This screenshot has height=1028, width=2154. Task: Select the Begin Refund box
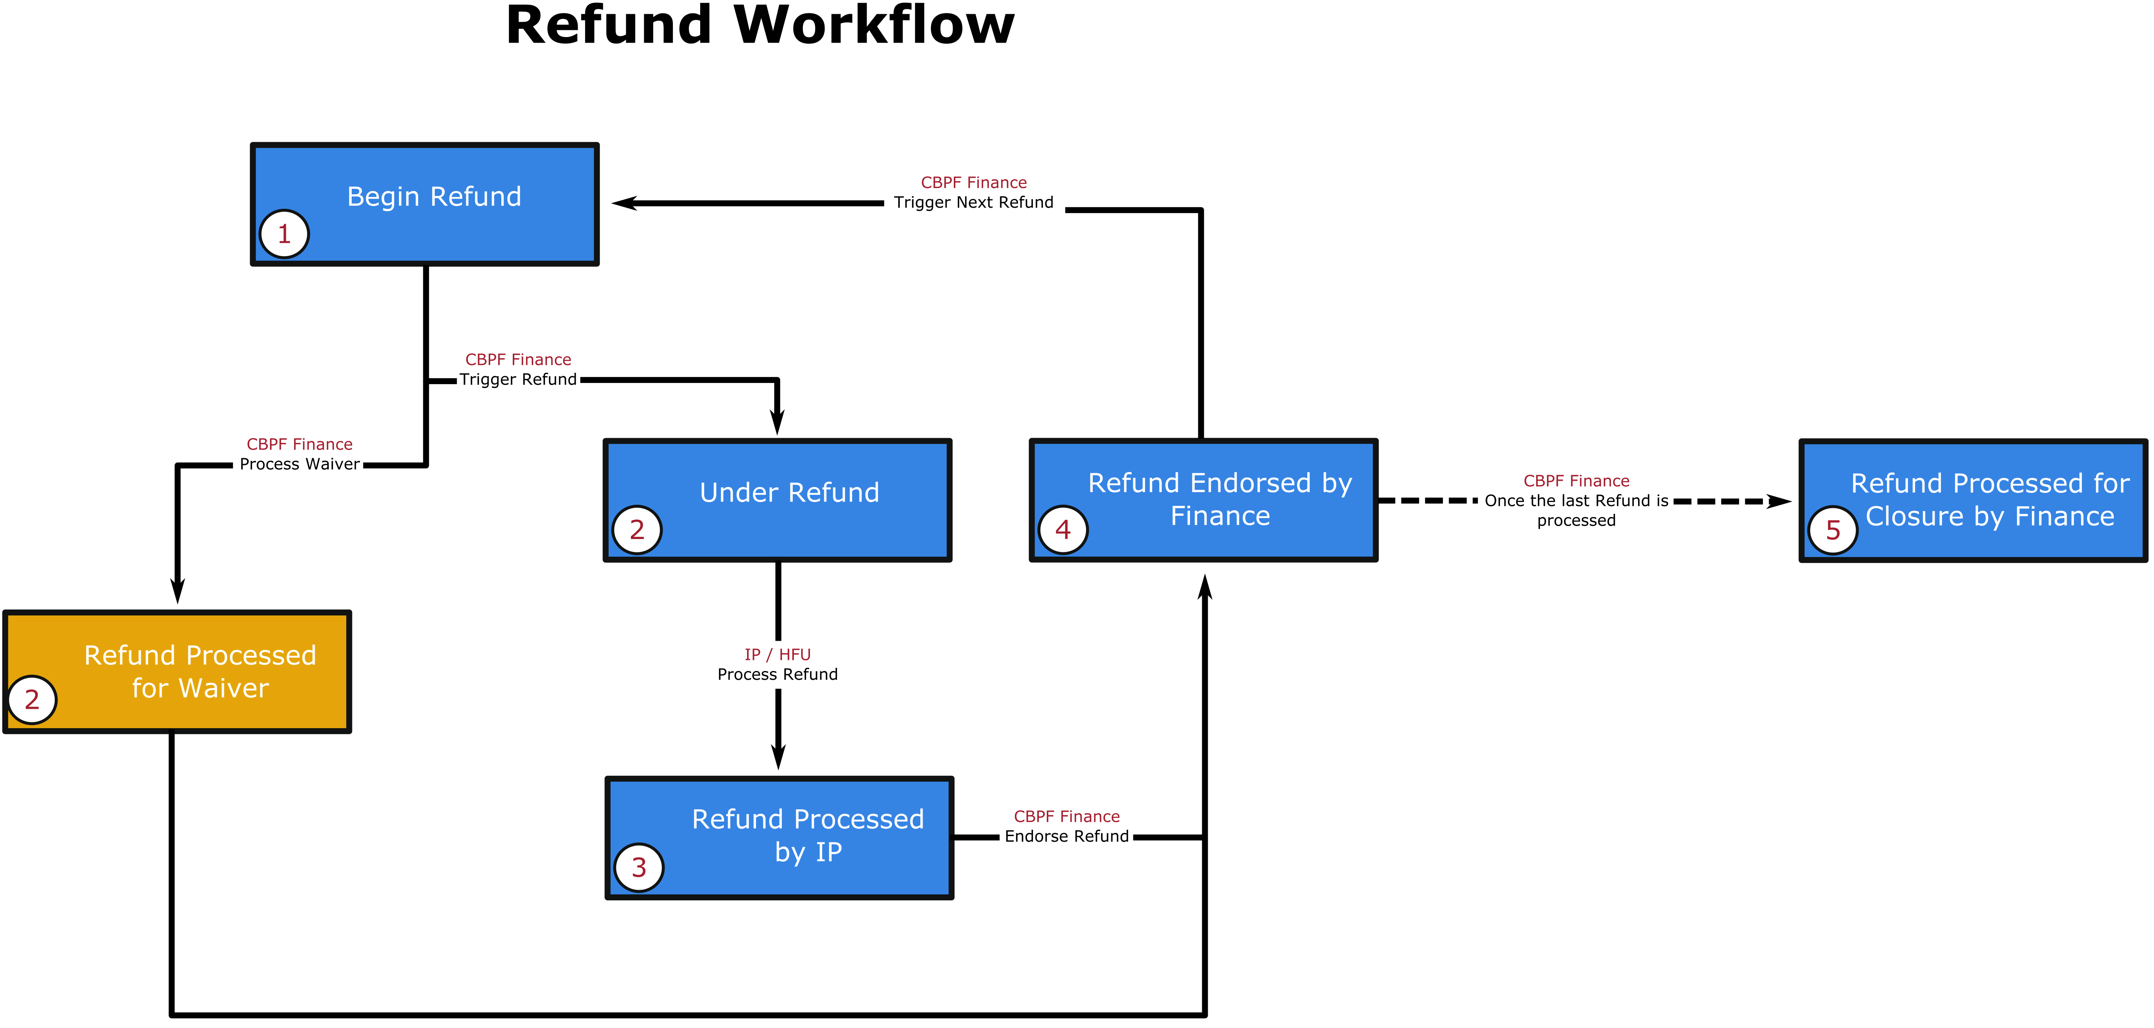pyautogui.click(x=425, y=204)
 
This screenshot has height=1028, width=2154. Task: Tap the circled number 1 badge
pyautogui.click(x=284, y=234)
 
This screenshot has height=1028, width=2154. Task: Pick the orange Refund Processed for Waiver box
pyautogui.click(x=177, y=672)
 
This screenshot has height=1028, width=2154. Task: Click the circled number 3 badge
pyautogui.click(x=639, y=867)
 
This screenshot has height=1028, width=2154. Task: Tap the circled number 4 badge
pyautogui.click(x=1063, y=530)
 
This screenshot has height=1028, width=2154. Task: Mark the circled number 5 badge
pyautogui.click(x=1833, y=530)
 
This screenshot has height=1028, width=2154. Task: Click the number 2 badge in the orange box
pyautogui.click(x=32, y=699)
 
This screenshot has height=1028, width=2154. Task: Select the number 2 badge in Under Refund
pyautogui.click(x=636, y=530)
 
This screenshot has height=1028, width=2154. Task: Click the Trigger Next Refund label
pyautogui.click(x=973, y=203)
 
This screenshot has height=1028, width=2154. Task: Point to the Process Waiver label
pyautogui.click(x=299, y=464)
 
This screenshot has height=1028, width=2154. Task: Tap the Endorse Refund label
pyautogui.click(x=1066, y=837)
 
